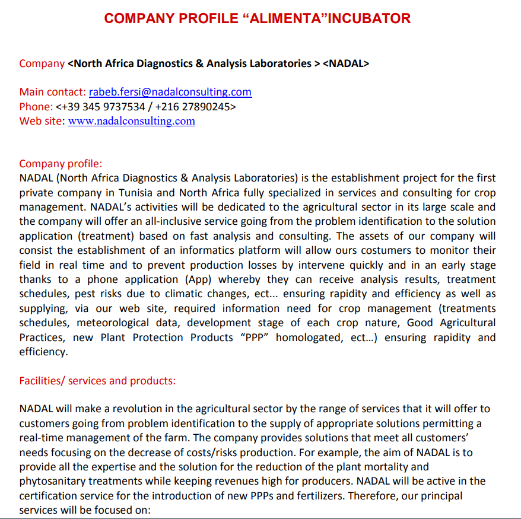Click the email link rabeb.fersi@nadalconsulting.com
(x=170, y=92)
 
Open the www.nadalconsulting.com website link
(x=131, y=121)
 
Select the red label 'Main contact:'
(x=52, y=92)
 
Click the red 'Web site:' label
(x=42, y=121)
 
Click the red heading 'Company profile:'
(x=61, y=164)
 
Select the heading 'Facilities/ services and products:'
(x=97, y=381)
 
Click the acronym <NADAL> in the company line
(x=346, y=63)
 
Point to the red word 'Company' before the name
(x=42, y=63)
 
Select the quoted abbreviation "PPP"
(x=253, y=337)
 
